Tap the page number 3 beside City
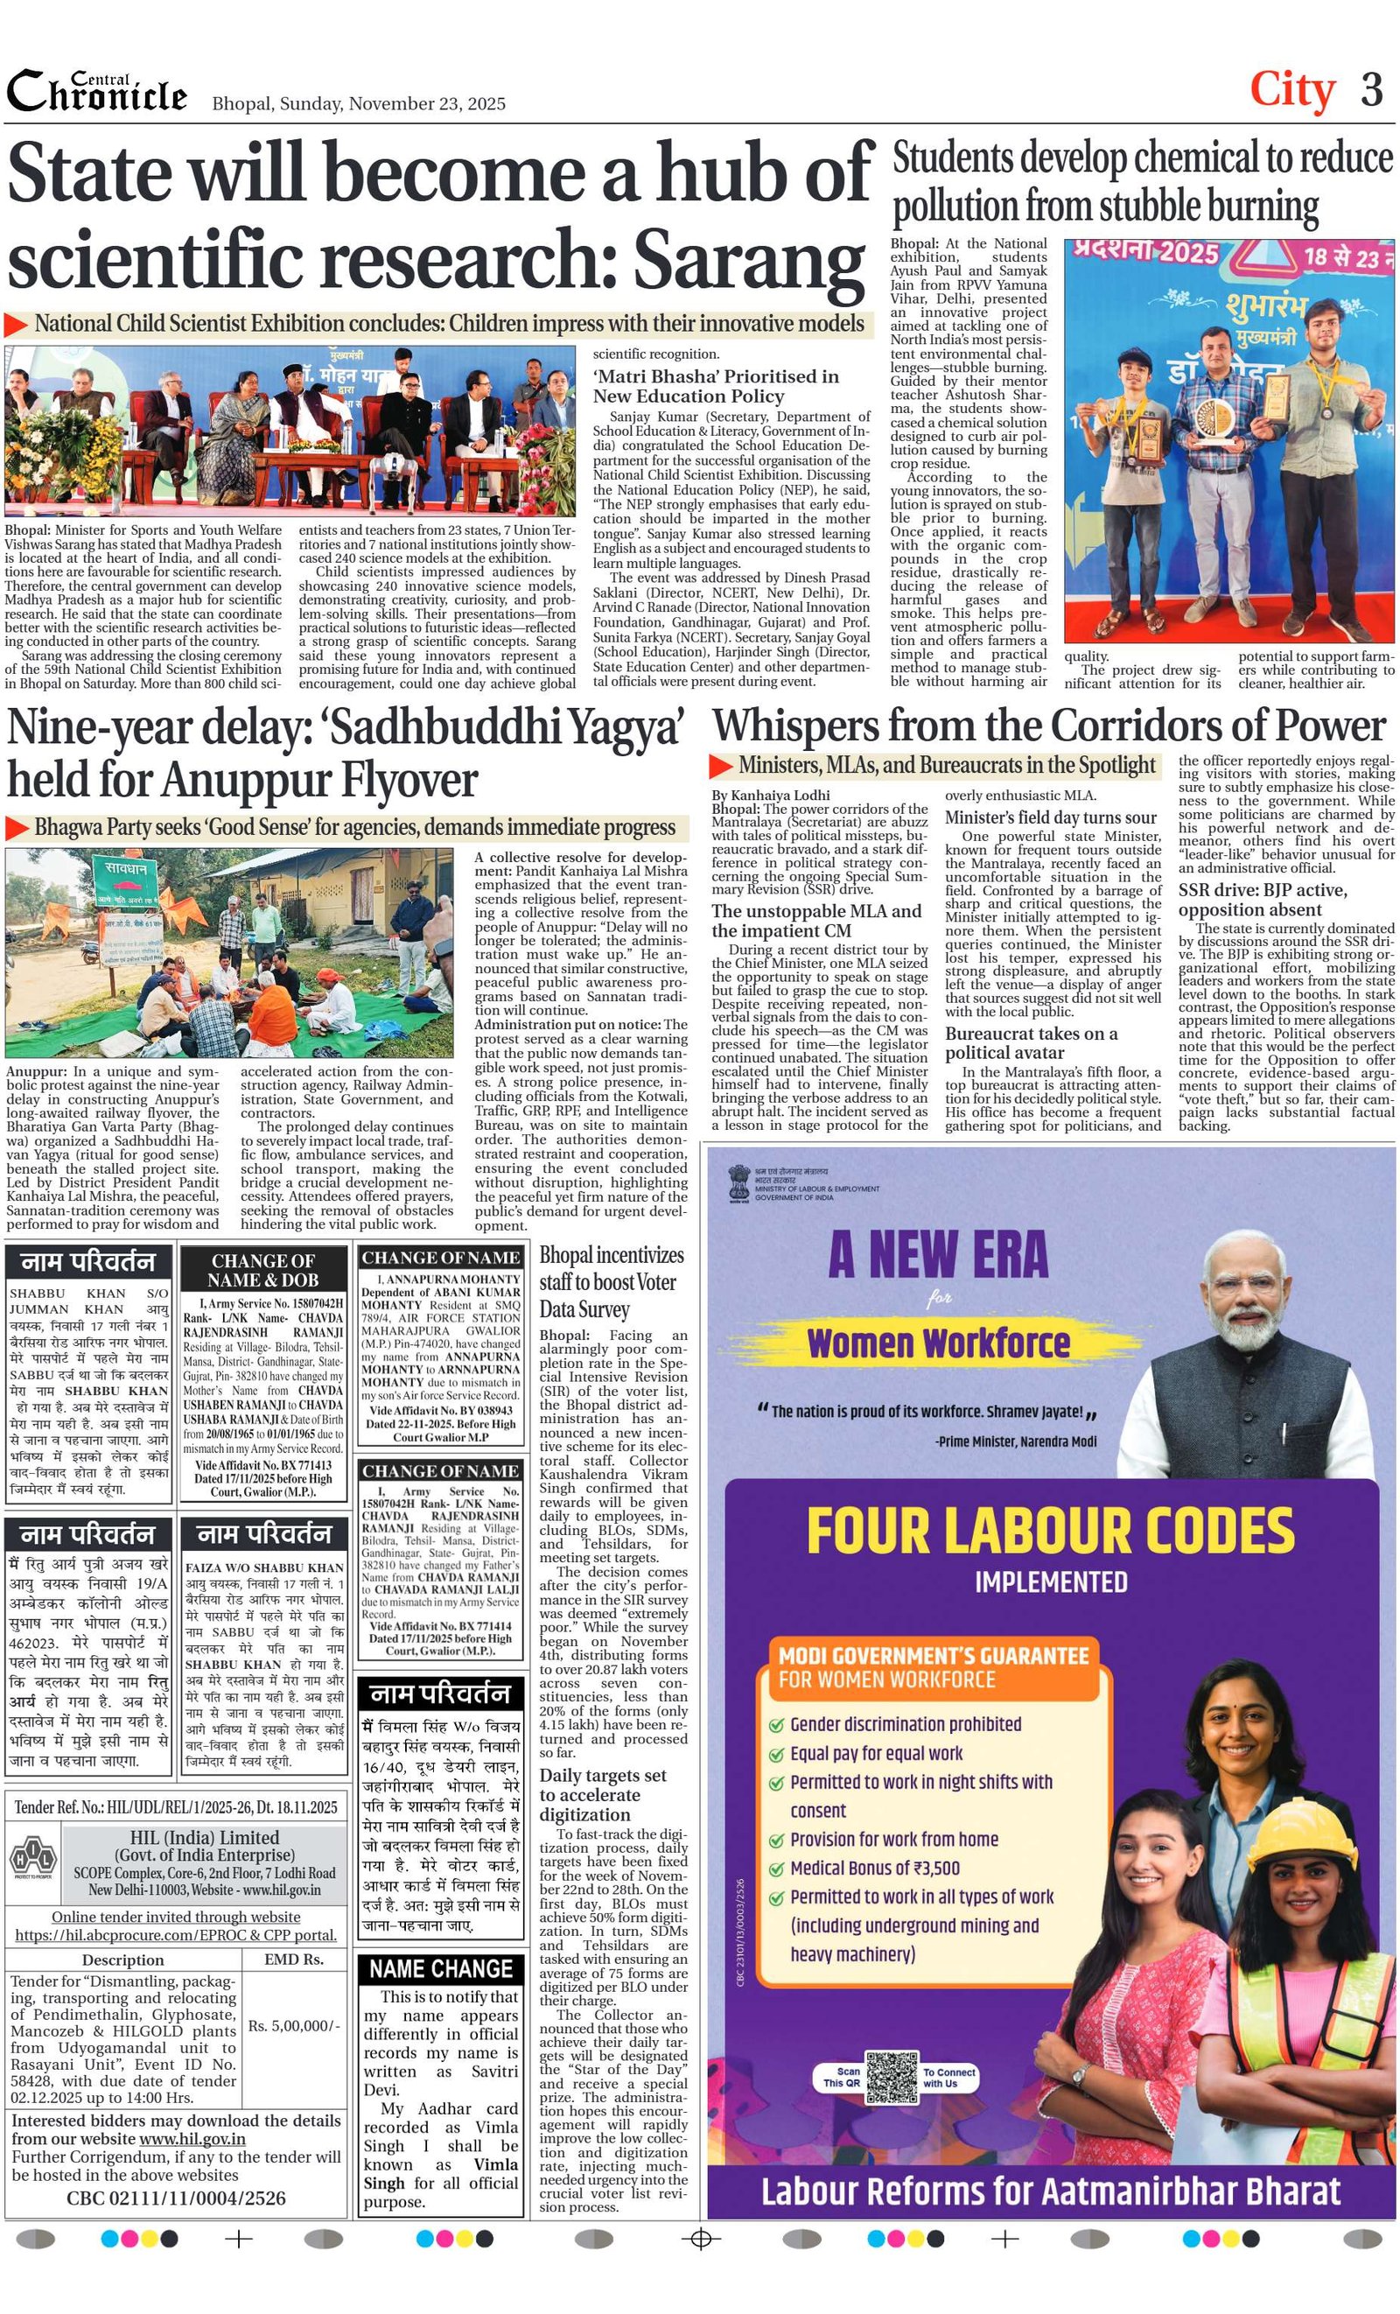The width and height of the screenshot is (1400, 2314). tap(1372, 90)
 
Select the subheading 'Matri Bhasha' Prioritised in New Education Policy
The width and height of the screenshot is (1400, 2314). tap(716, 386)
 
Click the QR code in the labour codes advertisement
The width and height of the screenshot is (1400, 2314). tap(891, 2077)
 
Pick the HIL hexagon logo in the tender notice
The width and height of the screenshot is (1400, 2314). tap(33, 1859)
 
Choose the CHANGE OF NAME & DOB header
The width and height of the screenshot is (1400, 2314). tap(262, 1270)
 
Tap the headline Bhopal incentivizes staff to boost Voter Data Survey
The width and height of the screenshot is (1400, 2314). tap(612, 1281)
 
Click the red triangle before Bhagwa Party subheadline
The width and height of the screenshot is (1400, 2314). tap(17, 827)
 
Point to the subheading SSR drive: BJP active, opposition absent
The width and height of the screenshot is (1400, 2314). tap(1262, 900)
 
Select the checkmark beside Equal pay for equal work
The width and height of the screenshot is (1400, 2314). tap(775, 1754)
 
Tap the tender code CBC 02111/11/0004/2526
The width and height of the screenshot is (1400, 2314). tap(176, 2198)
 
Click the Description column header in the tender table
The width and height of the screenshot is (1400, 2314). tap(123, 1960)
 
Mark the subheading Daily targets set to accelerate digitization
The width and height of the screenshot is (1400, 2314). tap(602, 1795)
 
